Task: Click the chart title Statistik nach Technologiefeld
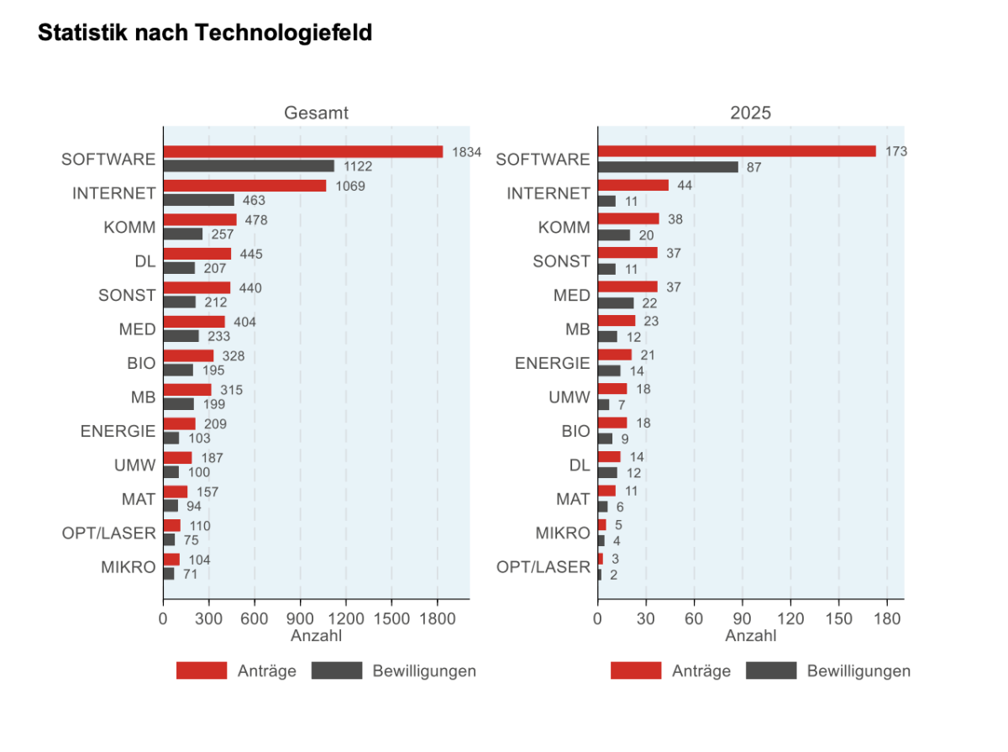205,34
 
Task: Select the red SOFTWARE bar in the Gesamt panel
302,152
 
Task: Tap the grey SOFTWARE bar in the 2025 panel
668,167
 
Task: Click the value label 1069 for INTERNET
349,186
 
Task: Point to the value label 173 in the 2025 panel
896,152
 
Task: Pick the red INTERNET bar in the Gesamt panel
244,186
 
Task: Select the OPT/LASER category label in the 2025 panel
543,567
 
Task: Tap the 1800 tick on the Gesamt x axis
437,619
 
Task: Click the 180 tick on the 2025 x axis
887,619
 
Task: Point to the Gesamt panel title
316,113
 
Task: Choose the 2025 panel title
750,113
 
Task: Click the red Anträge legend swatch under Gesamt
202,670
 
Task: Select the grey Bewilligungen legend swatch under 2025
770,670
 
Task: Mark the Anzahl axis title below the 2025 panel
750,636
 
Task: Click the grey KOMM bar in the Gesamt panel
183,234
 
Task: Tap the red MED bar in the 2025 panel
627,287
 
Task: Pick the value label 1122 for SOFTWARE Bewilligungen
357,167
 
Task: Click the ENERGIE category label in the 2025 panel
553,363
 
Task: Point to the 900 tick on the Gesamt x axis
300,619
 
